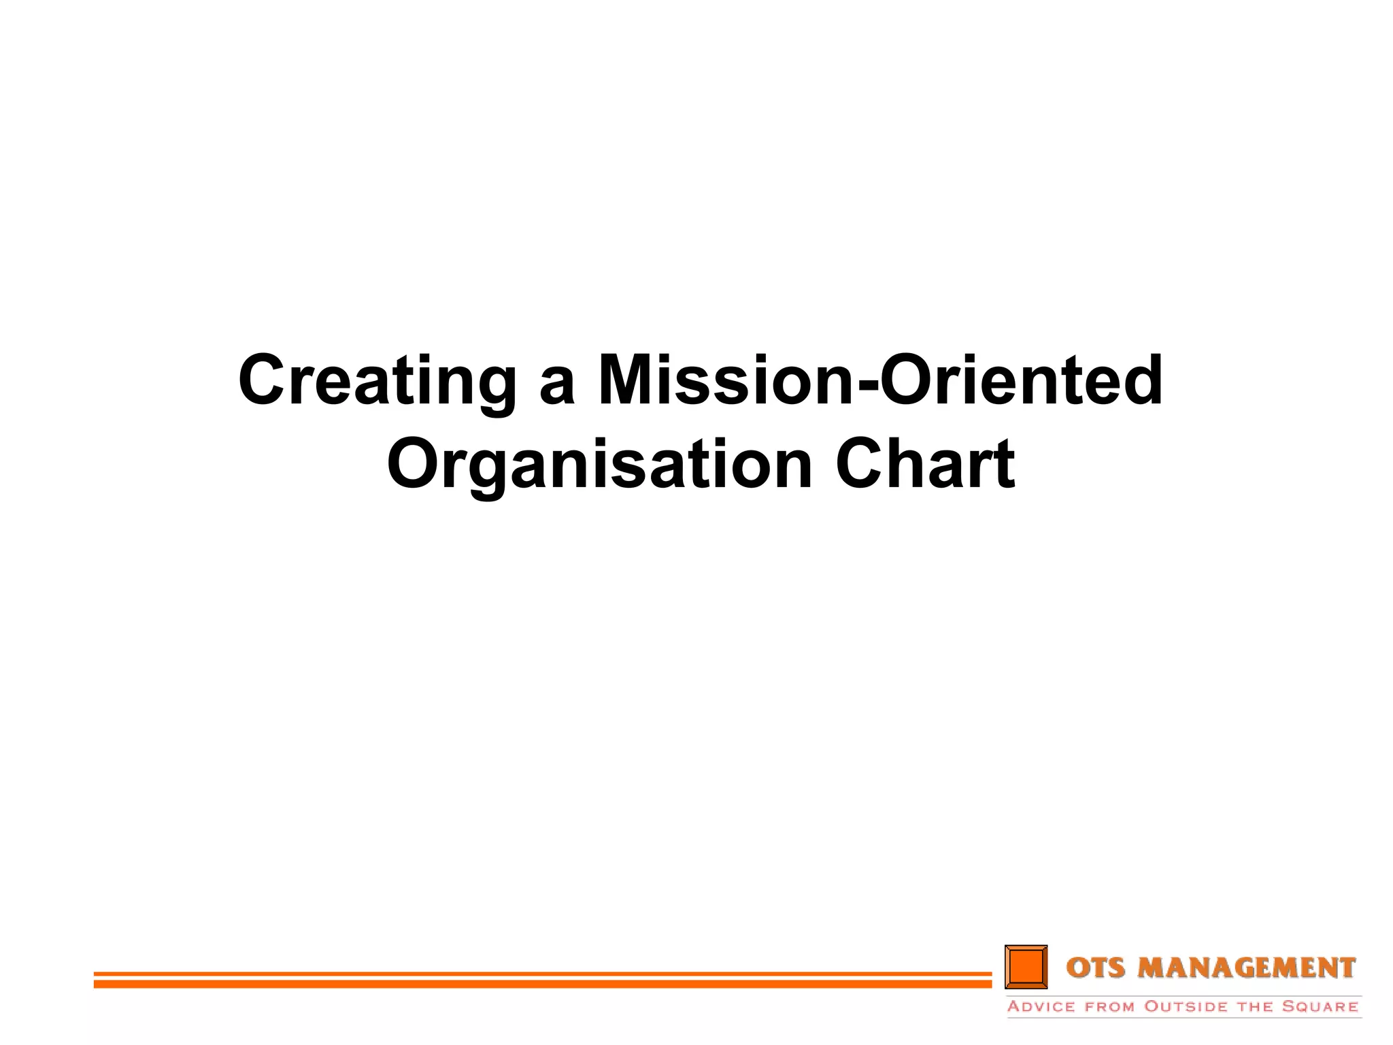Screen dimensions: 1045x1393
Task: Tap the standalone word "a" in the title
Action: (x=557, y=388)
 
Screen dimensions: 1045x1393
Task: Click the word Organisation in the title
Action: (x=599, y=465)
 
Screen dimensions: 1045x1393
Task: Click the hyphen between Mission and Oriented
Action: (x=867, y=386)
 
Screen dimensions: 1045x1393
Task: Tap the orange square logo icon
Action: (x=1026, y=966)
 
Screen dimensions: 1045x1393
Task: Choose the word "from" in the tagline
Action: (x=1110, y=1007)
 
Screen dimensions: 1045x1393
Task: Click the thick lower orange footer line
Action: (x=542, y=984)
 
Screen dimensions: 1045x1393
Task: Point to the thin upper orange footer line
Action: (x=542, y=974)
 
